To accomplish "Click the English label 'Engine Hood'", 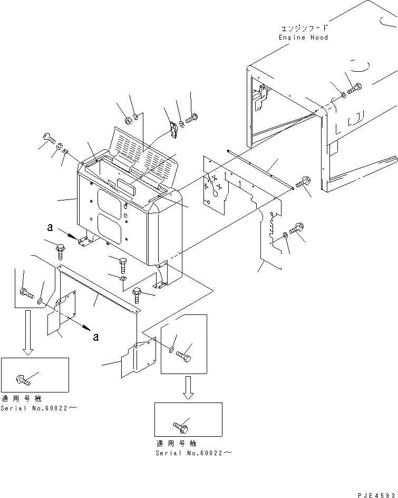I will point(303,37).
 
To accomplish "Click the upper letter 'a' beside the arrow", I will point(50,227).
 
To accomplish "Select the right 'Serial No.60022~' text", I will point(193,453).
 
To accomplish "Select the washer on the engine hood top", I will point(343,95).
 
